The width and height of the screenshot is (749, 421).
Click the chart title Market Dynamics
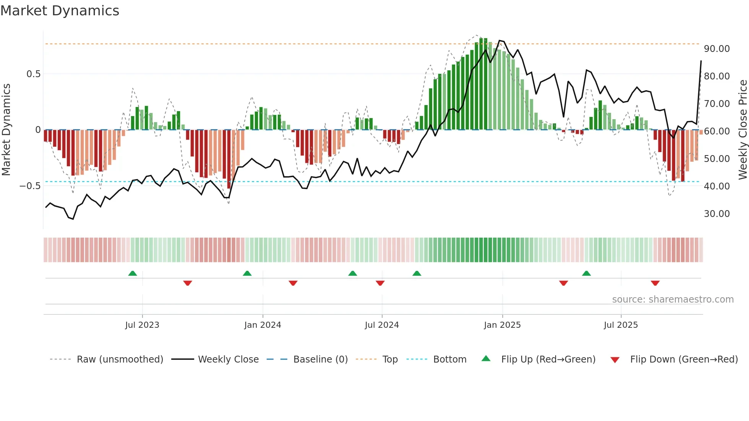(60, 11)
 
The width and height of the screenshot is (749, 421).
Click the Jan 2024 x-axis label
(263, 325)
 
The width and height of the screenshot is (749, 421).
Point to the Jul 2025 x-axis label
(621, 325)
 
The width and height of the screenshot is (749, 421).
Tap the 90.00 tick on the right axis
(717, 49)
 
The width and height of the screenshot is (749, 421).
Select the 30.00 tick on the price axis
(717, 214)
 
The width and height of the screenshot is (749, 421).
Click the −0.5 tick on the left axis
(30, 186)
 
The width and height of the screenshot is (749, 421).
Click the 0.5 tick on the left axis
(33, 74)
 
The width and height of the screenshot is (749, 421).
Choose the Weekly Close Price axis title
(743, 130)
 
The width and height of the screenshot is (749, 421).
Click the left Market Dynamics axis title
(6, 130)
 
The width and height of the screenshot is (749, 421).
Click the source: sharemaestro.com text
(673, 300)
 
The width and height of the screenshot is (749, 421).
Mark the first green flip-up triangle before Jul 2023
(133, 274)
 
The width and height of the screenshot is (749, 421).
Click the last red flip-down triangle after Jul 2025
(655, 283)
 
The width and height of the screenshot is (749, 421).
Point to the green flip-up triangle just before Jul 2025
(586, 274)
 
